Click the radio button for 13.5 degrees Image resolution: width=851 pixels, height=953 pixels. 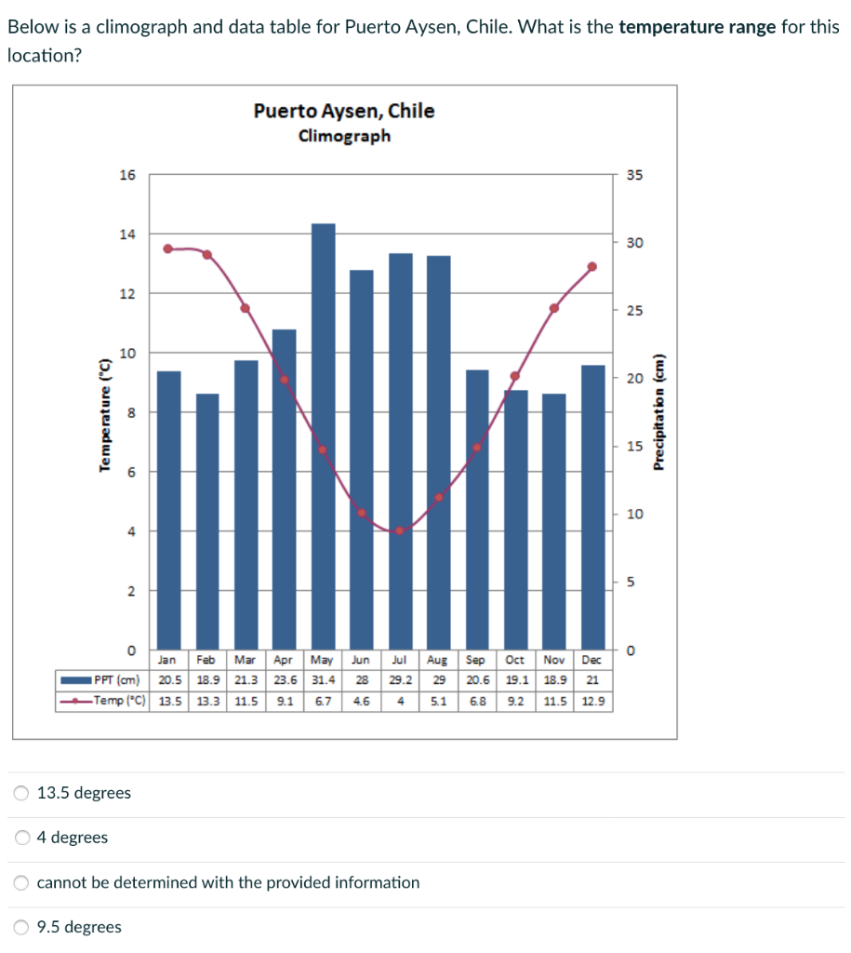click(21, 794)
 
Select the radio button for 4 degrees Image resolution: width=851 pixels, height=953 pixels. click(21, 838)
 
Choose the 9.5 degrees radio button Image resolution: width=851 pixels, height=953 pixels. click(21, 927)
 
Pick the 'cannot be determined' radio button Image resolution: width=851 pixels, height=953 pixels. click(21, 882)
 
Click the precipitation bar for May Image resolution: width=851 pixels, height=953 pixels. click(323, 437)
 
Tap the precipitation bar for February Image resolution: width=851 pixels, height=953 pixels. click(207, 521)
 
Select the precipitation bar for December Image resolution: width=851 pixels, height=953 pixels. click(592, 507)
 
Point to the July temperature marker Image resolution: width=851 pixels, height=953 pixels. click(400, 530)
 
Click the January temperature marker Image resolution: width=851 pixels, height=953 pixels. click(168, 248)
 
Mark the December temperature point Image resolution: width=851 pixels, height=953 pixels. click(592, 266)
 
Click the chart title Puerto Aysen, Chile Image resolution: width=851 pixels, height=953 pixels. click(344, 112)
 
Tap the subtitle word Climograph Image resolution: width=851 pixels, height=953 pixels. click(344, 136)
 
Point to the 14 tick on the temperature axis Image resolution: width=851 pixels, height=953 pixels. click(127, 234)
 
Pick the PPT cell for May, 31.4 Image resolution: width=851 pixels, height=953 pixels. click(323, 680)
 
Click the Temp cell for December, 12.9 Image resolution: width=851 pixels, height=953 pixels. click(592, 701)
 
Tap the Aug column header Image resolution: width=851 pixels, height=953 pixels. click(438, 660)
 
